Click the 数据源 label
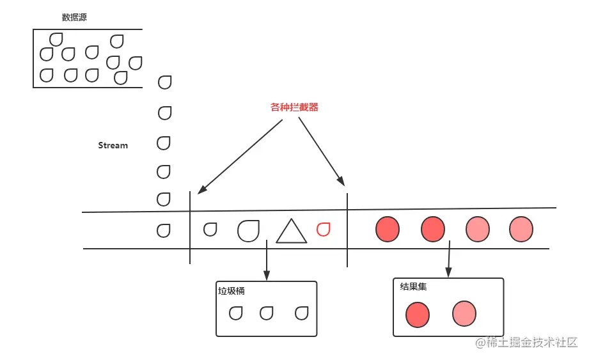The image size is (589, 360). click(x=74, y=17)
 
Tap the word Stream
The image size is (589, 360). click(x=113, y=145)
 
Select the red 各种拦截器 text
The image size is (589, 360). click(x=294, y=107)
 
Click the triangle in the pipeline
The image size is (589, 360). click(x=291, y=231)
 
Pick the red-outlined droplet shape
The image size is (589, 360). click(x=323, y=230)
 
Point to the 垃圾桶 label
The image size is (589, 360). click(x=232, y=291)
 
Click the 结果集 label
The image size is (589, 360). click(x=413, y=287)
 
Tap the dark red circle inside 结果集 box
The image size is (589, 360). click(x=418, y=315)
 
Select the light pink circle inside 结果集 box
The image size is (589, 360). click(x=464, y=313)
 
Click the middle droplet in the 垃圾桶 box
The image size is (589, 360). click(x=266, y=313)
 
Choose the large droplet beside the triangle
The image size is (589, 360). click(x=248, y=230)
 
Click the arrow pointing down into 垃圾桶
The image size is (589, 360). click(x=267, y=260)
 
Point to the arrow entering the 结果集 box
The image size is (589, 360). click(x=449, y=259)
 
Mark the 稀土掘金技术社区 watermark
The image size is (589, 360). click(x=526, y=342)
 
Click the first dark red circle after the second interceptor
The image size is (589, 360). click(x=388, y=229)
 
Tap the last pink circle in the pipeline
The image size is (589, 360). click(x=521, y=229)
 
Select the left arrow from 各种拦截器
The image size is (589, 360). click(x=240, y=157)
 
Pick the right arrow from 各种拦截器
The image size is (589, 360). click(x=322, y=152)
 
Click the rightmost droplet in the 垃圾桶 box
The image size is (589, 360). click(x=302, y=313)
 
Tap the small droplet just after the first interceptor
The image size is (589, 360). click(x=210, y=230)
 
